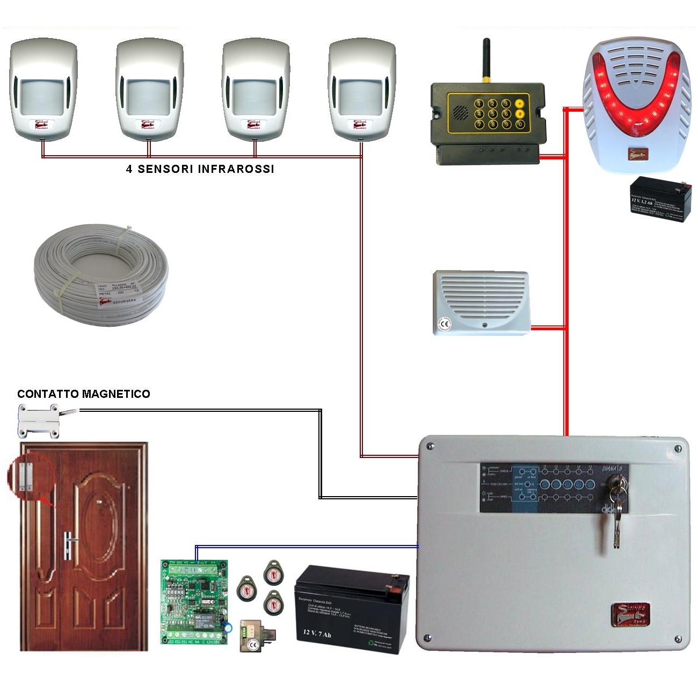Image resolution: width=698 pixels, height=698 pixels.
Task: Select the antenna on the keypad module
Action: point(486,59)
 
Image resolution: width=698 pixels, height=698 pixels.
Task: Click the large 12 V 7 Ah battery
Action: point(351,609)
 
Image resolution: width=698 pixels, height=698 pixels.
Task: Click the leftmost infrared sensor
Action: point(43,89)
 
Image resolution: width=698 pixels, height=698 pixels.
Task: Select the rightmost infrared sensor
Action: point(362,89)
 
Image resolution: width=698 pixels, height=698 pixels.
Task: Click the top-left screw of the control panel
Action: point(430,446)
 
